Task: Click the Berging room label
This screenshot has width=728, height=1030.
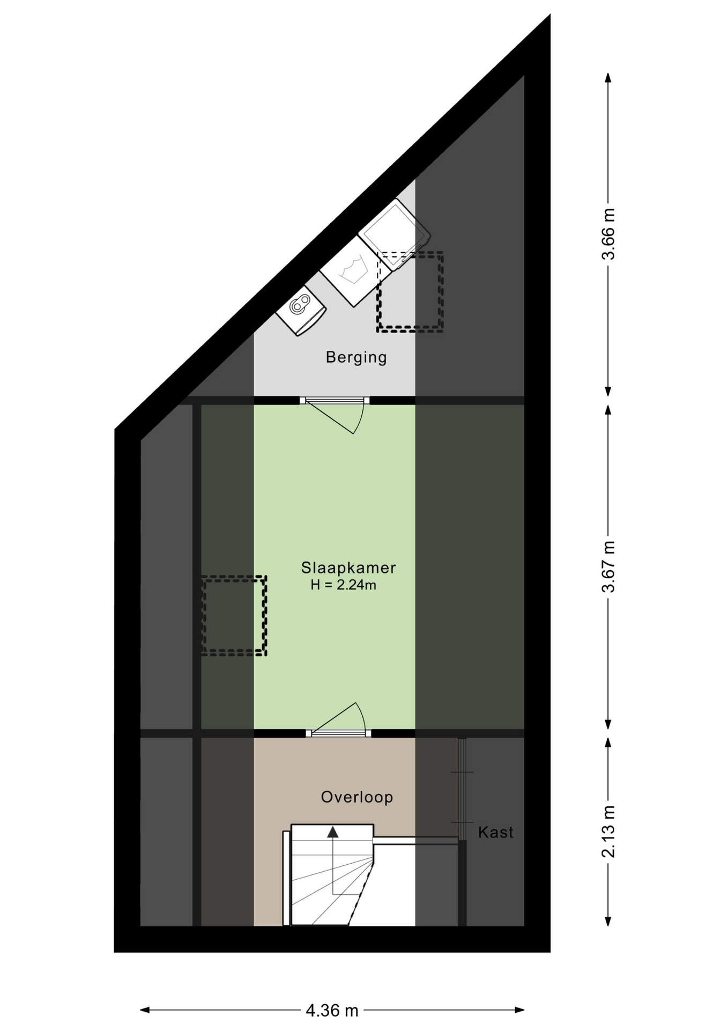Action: (356, 357)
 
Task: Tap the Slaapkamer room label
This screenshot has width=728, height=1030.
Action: (348, 568)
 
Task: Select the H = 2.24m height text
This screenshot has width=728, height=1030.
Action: (343, 585)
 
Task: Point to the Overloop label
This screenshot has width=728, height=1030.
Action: (356, 797)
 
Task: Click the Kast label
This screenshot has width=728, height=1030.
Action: (495, 832)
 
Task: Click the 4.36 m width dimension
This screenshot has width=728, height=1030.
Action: (332, 1011)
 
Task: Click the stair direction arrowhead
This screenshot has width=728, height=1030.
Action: (333, 832)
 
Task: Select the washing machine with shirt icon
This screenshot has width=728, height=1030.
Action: (355, 272)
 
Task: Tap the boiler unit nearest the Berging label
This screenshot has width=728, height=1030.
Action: (301, 311)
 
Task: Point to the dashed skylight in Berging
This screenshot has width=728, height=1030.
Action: (410, 292)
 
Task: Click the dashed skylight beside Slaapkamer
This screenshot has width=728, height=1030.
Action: (234, 615)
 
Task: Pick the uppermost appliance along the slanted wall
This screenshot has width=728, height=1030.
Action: (395, 234)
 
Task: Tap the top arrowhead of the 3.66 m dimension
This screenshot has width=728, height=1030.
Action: (608, 77)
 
